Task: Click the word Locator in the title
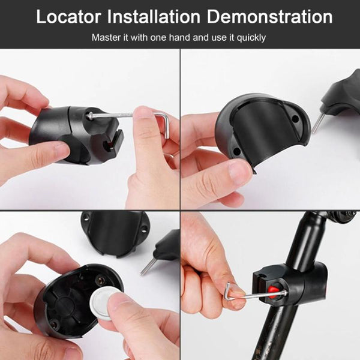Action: tap(68, 17)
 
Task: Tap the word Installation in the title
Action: tap(154, 17)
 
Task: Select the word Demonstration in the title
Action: tap(269, 17)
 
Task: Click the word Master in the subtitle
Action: tap(107, 37)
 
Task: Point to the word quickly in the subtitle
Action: tap(251, 38)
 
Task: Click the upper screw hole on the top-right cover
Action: tap(296, 119)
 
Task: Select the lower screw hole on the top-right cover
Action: tap(237, 151)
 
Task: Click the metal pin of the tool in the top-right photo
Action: tap(318, 123)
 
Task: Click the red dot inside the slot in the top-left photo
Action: tap(110, 145)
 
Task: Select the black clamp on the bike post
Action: tap(291, 284)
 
